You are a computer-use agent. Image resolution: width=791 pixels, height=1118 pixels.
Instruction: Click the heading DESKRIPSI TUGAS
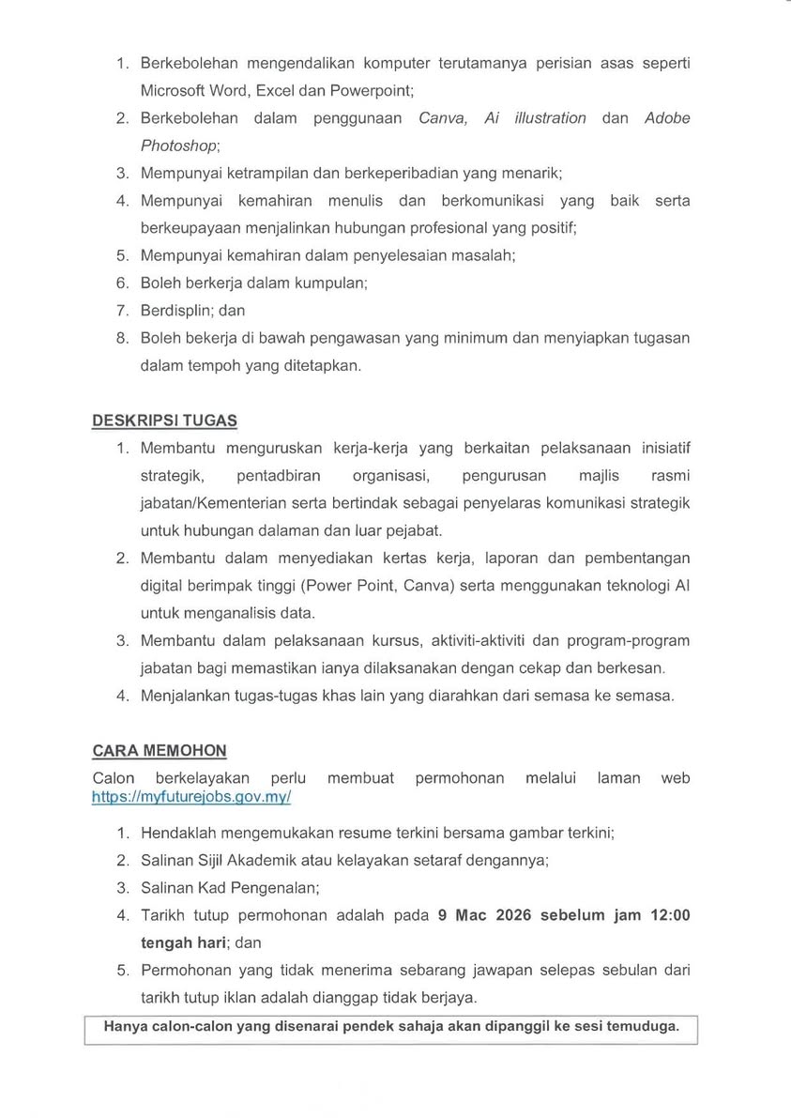(x=164, y=421)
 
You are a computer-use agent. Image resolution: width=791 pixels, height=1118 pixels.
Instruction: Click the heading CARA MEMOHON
(x=160, y=751)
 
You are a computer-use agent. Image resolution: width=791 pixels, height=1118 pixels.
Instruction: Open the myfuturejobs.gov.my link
(x=191, y=796)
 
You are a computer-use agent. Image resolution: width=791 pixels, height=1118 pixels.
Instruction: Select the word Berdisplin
(x=175, y=310)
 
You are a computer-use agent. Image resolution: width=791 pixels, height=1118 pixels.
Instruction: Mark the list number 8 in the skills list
(x=121, y=338)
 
